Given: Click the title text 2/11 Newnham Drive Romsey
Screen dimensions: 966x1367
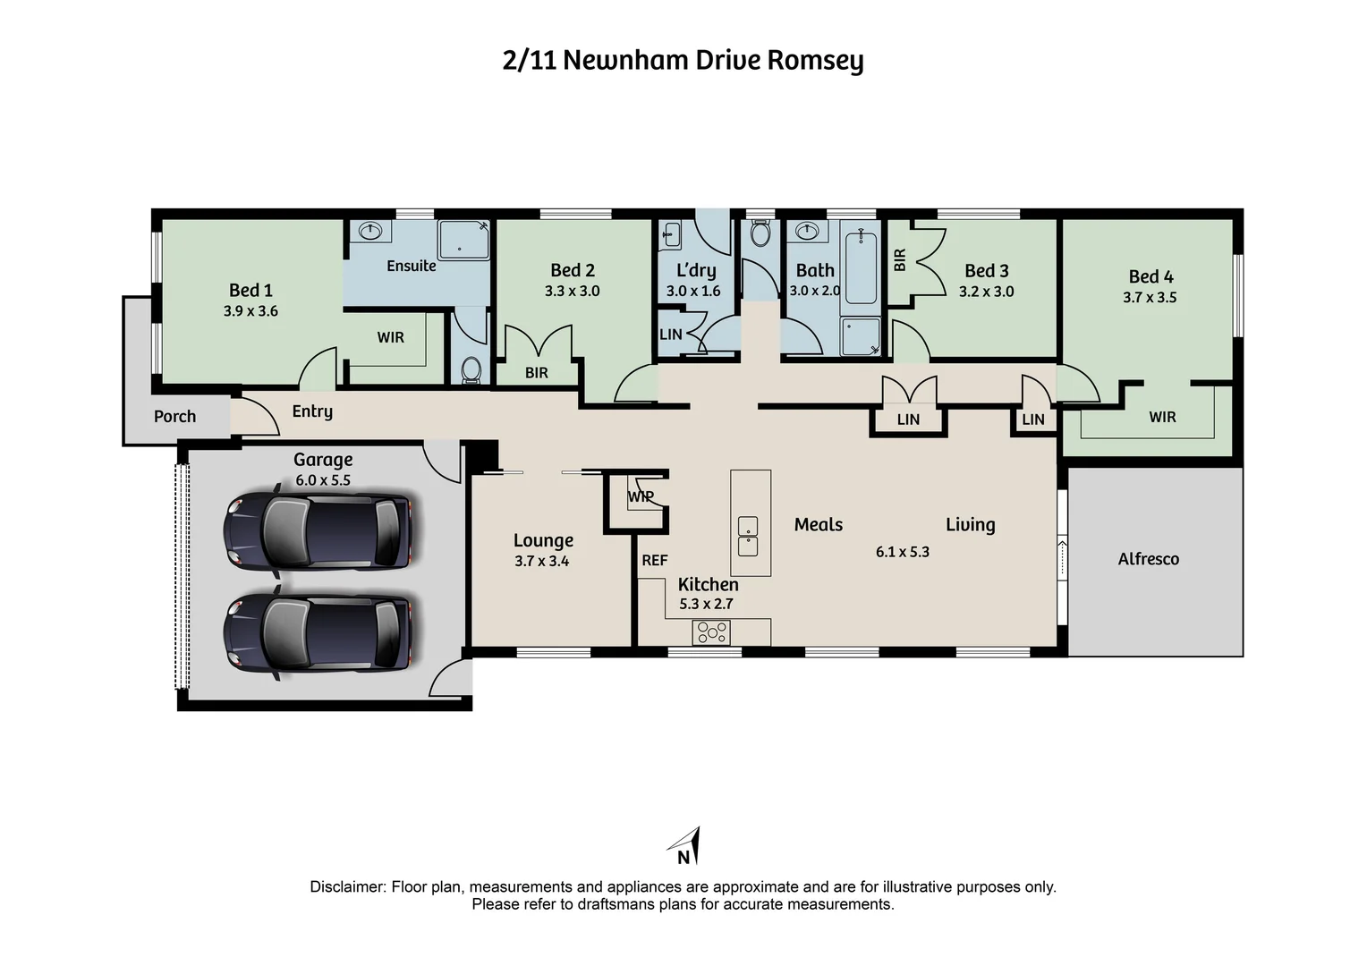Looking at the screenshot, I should (683, 61).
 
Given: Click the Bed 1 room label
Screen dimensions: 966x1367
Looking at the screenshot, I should (250, 290).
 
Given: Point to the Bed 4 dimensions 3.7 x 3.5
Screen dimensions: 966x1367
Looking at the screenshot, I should (1150, 298).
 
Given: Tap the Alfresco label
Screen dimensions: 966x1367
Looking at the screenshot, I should (1148, 559).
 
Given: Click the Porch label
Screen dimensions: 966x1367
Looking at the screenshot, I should (174, 417).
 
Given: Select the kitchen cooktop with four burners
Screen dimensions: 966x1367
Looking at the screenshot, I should (712, 632).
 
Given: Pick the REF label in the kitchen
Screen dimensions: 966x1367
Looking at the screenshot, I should (654, 561).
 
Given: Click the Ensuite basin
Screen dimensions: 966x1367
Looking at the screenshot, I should (369, 232).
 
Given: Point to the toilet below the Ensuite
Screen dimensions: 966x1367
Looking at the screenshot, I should (471, 369).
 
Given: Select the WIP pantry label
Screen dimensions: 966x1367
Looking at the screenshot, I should (641, 496).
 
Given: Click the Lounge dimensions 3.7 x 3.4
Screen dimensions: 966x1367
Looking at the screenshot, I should (541, 562).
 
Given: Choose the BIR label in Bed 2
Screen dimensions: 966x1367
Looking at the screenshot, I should (536, 373).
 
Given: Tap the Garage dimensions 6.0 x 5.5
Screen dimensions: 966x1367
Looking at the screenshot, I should (323, 480).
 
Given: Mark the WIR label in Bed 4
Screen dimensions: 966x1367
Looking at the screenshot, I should (1162, 417).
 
